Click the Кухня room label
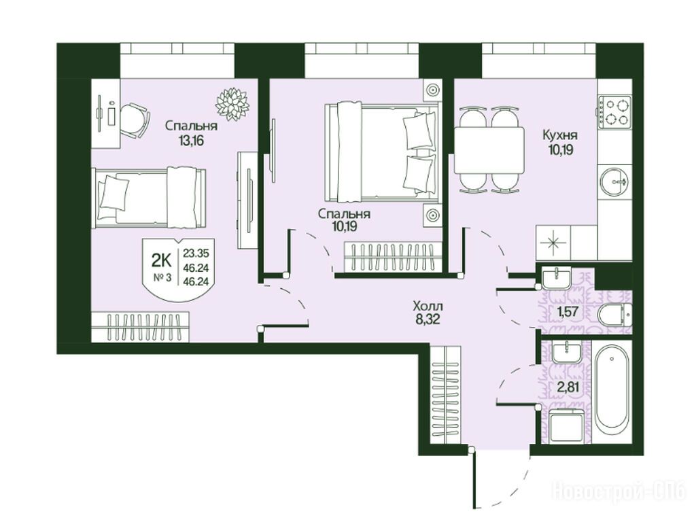click(560, 135)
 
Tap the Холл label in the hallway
click(428, 306)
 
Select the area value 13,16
click(191, 141)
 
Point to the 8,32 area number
click(428, 319)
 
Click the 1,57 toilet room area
click(568, 311)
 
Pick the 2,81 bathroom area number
click(568, 387)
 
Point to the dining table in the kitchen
click(489, 151)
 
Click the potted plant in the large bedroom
click(232, 104)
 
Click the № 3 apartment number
click(162, 278)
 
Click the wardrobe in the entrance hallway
click(446, 395)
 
